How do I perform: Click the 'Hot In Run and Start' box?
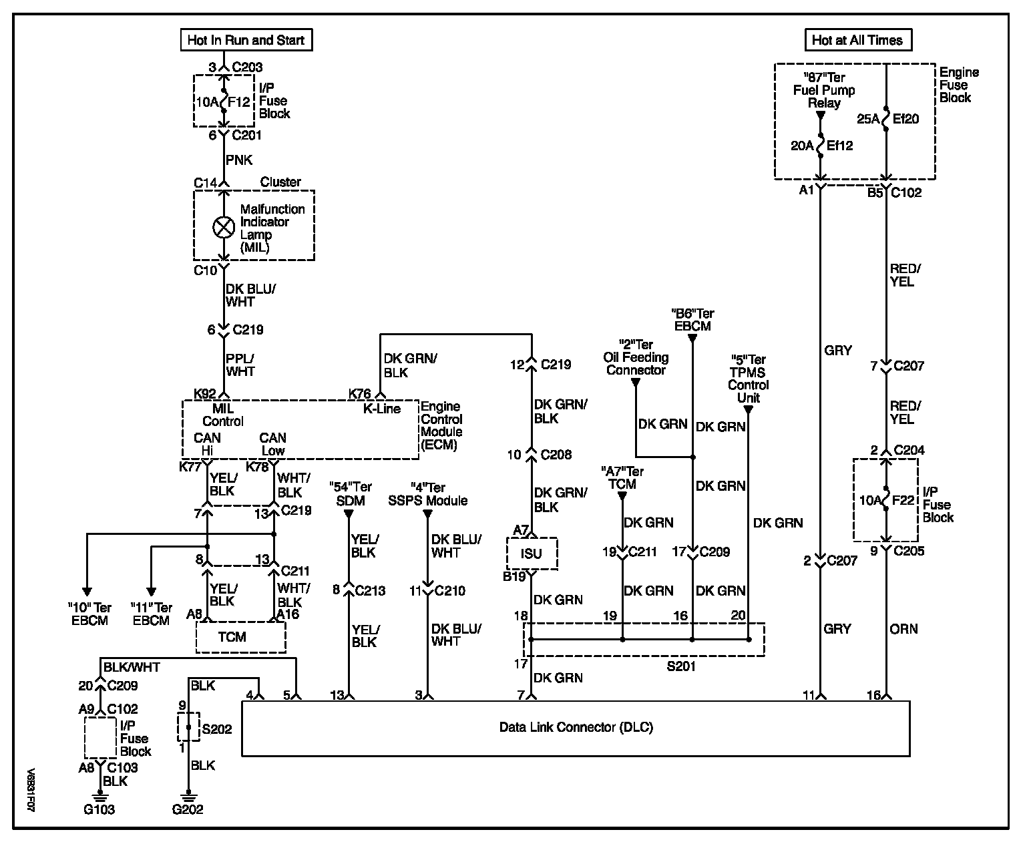246,40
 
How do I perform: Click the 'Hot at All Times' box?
857,40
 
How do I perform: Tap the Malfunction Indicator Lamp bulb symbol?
223,228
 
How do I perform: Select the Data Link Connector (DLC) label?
576,727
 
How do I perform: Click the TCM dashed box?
240,638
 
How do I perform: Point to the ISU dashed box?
532,554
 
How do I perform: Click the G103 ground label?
99,810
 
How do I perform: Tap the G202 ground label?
187,810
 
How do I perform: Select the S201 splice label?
681,666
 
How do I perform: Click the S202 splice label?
216,728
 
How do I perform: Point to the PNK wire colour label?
239,160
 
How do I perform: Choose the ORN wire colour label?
903,629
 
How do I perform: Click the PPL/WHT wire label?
240,365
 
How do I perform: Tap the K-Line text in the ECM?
382,409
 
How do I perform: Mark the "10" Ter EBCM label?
89,614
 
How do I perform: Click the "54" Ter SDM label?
351,494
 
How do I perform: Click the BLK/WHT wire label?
132,666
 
